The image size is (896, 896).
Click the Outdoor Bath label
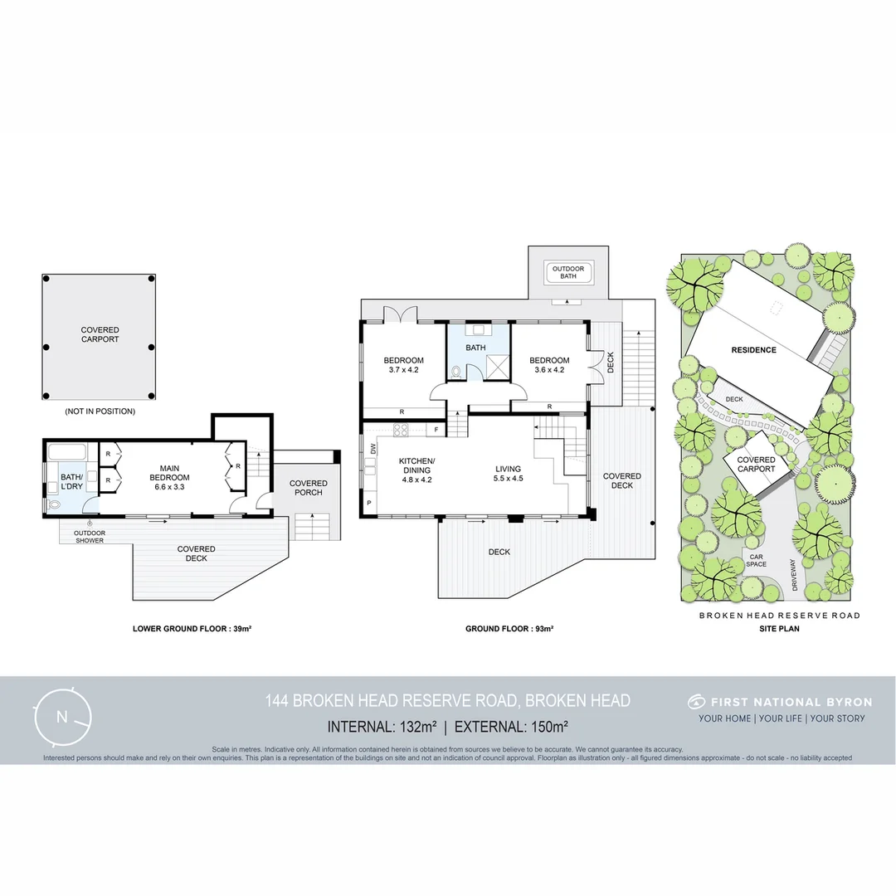pyautogui.click(x=568, y=272)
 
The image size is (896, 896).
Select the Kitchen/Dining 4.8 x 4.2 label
pyautogui.click(x=416, y=470)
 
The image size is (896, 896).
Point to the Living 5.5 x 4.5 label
pyautogui.click(x=508, y=473)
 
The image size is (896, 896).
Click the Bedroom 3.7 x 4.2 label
pyautogui.click(x=403, y=365)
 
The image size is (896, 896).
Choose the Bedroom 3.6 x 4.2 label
pyautogui.click(x=548, y=365)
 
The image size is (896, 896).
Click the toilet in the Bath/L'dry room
pyautogui.click(x=55, y=504)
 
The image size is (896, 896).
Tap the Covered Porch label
pyautogui.click(x=308, y=488)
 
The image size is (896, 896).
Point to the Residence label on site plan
pyautogui.click(x=753, y=350)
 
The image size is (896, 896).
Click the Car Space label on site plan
pyautogui.click(x=755, y=560)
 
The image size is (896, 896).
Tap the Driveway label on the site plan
pyautogui.click(x=794, y=574)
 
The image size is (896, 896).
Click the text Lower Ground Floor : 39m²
pyautogui.click(x=192, y=629)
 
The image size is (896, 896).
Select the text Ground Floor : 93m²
pyautogui.click(x=509, y=629)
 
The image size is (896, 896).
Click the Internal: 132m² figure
pyautogui.click(x=382, y=727)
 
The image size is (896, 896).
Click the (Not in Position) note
pyautogui.click(x=100, y=411)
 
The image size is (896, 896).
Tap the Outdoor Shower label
pyautogui.click(x=90, y=537)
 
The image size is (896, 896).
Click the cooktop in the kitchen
pyautogui.click(x=399, y=430)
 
